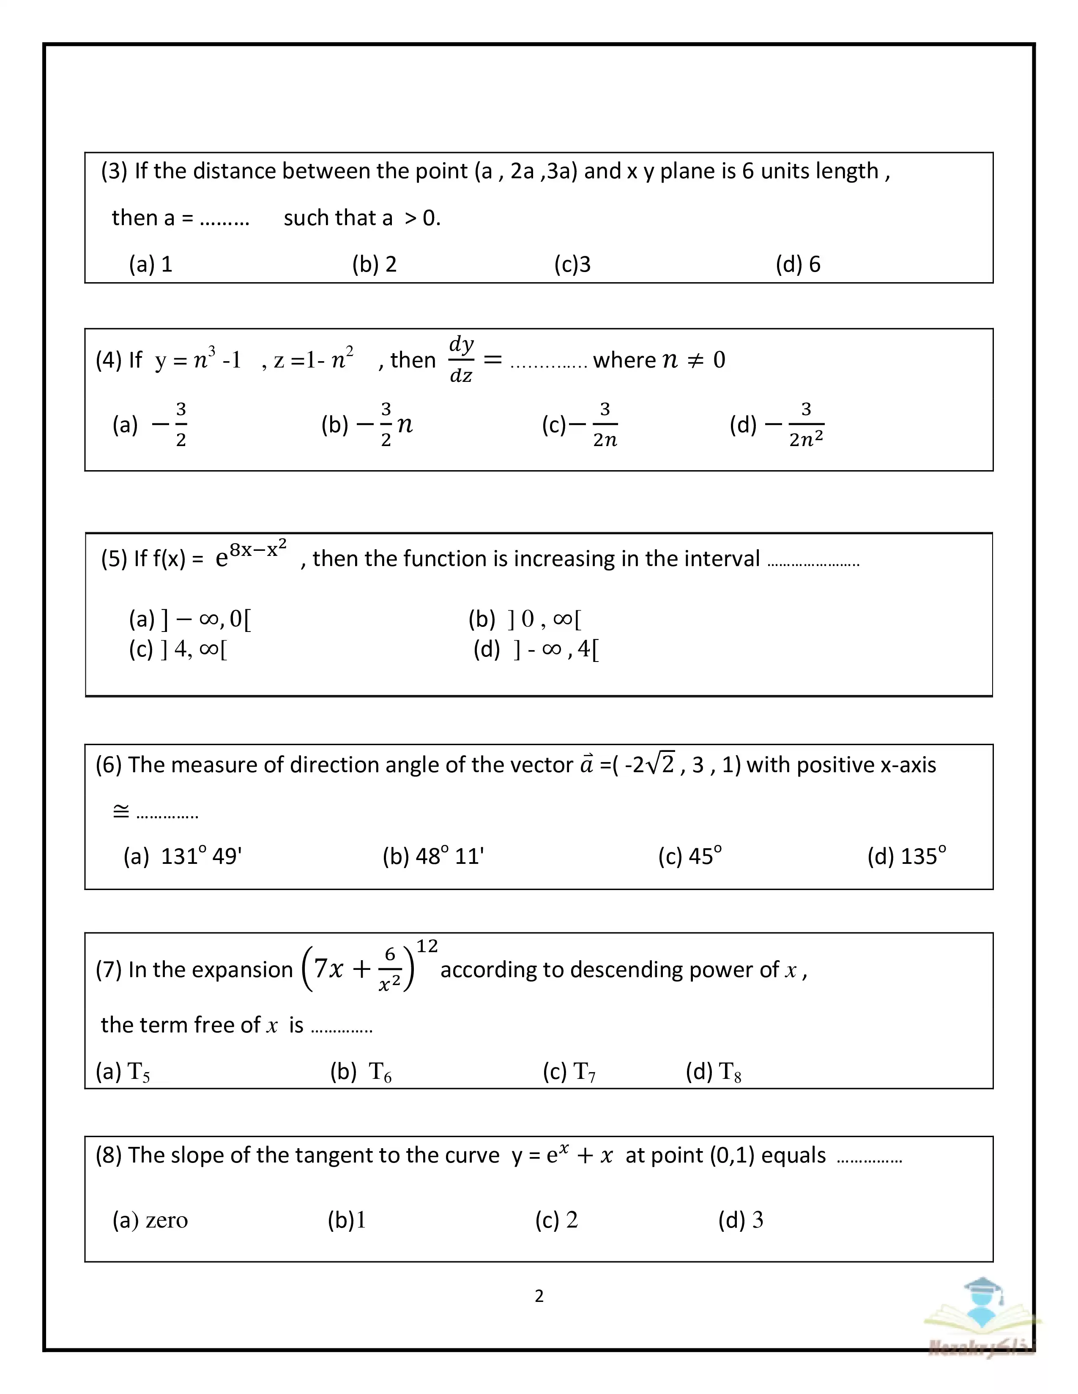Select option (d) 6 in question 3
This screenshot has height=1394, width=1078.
tap(798, 264)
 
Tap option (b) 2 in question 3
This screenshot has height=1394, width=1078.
tap(374, 264)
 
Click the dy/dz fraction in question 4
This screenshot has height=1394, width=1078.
tap(461, 360)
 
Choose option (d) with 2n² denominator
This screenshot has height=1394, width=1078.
tap(777, 425)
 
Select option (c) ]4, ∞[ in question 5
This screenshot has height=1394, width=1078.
tap(178, 649)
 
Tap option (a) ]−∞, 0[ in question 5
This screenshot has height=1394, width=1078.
tap(190, 618)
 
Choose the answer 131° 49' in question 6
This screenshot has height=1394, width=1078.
tap(183, 856)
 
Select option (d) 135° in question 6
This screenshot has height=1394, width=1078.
tap(906, 856)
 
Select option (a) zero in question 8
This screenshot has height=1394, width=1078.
tap(150, 1220)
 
